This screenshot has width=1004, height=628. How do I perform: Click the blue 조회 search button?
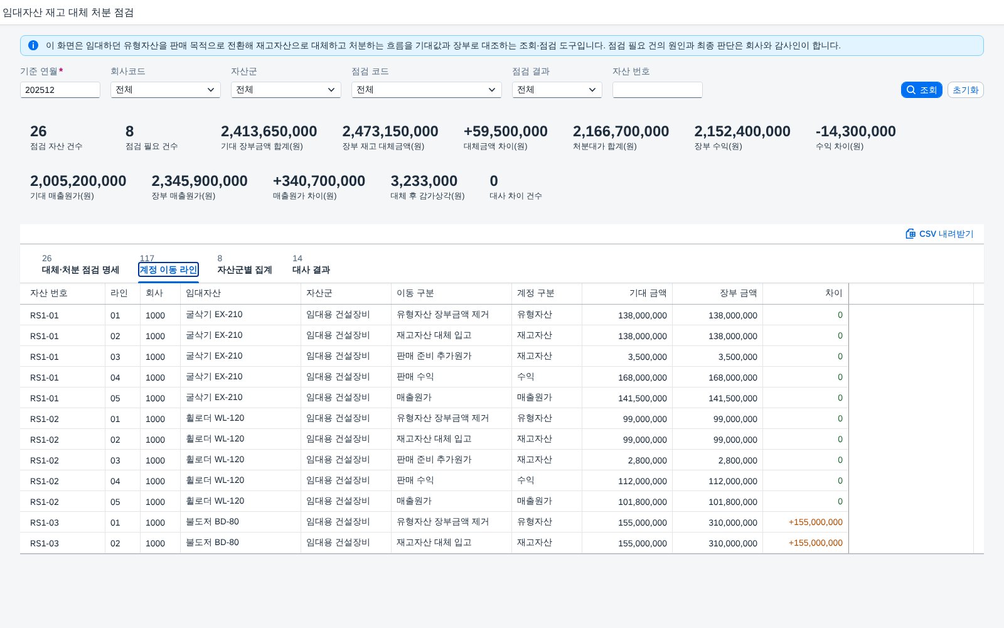click(921, 90)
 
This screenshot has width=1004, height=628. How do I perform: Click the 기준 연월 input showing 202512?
click(60, 90)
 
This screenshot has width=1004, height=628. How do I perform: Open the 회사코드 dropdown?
click(166, 90)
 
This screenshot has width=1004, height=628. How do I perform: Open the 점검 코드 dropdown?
click(426, 90)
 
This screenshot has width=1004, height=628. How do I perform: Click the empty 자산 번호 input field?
click(657, 90)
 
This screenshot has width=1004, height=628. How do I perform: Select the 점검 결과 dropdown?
click(557, 90)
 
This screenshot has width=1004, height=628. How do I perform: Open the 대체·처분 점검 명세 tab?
click(80, 269)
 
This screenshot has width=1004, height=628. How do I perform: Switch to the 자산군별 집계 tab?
click(244, 269)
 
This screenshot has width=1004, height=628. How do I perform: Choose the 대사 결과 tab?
click(311, 269)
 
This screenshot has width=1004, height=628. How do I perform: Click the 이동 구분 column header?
click(415, 293)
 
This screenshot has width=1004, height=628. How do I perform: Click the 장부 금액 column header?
click(738, 293)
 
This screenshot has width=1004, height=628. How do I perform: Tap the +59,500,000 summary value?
click(505, 131)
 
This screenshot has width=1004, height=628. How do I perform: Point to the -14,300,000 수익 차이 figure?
click(856, 131)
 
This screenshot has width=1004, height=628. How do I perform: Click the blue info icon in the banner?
click(33, 45)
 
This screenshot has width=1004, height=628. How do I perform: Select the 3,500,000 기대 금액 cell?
click(647, 357)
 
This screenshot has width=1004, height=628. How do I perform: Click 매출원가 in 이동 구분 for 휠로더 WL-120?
click(414, 501)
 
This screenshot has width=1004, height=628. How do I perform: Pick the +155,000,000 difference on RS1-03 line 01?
click(815, 522)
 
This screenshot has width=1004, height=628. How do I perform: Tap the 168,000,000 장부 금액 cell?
click(733, 377)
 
